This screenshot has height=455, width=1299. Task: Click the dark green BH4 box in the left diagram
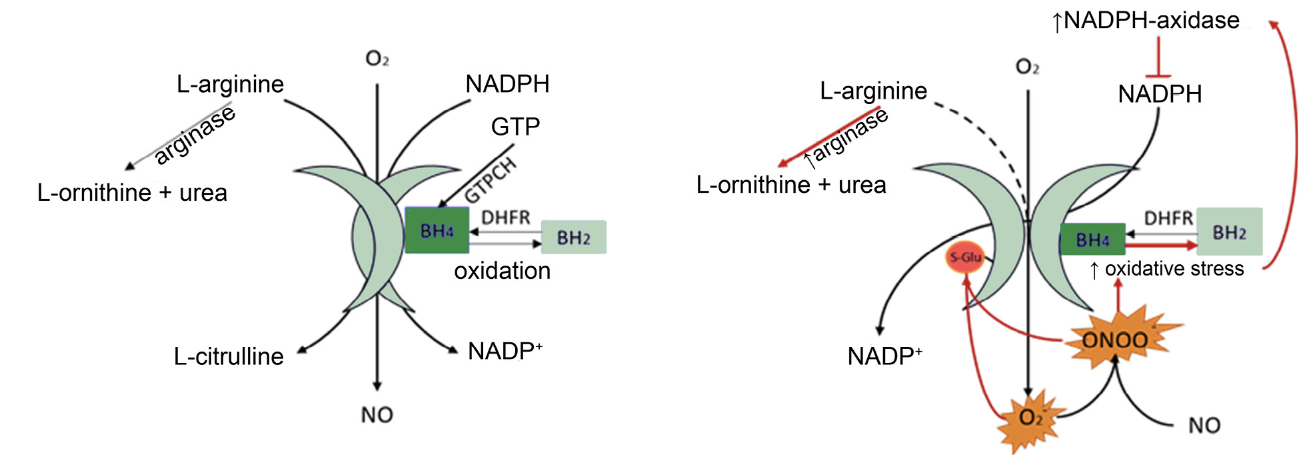tap(437, 230)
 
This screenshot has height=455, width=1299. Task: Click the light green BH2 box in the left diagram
tap(573, 238)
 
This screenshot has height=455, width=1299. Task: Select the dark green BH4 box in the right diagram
tap(1092, 240)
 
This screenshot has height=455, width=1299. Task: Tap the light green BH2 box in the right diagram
tap(1229, 232)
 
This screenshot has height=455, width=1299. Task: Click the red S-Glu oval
tap(965, 258)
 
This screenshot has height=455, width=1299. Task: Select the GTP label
tap(515, 127)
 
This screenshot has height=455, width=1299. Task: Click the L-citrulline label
tap(229, 356)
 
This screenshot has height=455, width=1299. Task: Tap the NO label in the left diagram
tap(377, 415)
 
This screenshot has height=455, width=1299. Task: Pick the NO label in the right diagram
tap(1204, 425)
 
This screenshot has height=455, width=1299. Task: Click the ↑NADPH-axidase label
tap(1145, 21)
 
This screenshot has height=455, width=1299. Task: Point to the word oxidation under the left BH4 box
tap(502, 271)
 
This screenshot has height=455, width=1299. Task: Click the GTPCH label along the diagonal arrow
tap(491, 180)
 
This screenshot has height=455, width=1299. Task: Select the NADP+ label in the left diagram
tap(505, 351)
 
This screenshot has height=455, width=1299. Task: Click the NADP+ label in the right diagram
tap(884, 356)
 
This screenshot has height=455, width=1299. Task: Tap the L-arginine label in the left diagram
tap(230, 84)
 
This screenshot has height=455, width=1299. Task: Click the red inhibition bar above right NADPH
tap(1160, 75)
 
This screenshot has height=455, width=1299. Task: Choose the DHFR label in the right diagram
tap(1168, 218)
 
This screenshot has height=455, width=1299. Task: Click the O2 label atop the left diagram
tap(377, 59)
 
